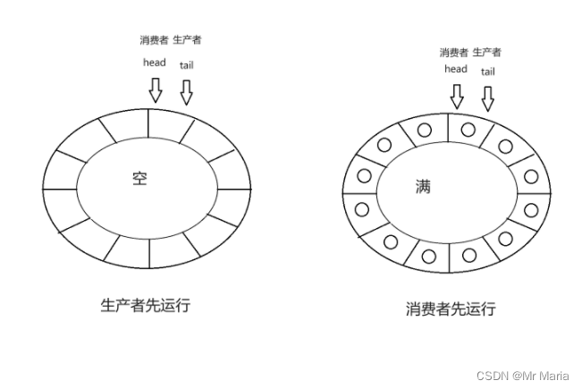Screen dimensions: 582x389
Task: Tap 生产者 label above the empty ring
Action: pos(187,41)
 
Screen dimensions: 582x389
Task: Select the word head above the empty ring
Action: pos(155,63)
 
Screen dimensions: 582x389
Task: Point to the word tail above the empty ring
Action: pos(186,64)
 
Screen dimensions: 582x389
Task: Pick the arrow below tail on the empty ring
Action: pos(186,92)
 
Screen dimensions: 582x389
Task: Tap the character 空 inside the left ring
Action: pos(139,179)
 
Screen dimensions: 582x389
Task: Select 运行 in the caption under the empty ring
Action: pos(174,305)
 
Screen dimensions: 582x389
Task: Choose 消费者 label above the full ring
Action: pos(454,53)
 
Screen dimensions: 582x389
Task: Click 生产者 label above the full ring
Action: pos(487,53)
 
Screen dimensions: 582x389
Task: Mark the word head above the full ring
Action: pos(455,70)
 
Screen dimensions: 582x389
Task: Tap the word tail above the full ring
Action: pos(487,72)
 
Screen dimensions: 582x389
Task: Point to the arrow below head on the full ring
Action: pos(456,96)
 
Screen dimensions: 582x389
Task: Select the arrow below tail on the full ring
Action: pos(488,97)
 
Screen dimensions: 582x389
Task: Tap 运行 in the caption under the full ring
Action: pos(480,309)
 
